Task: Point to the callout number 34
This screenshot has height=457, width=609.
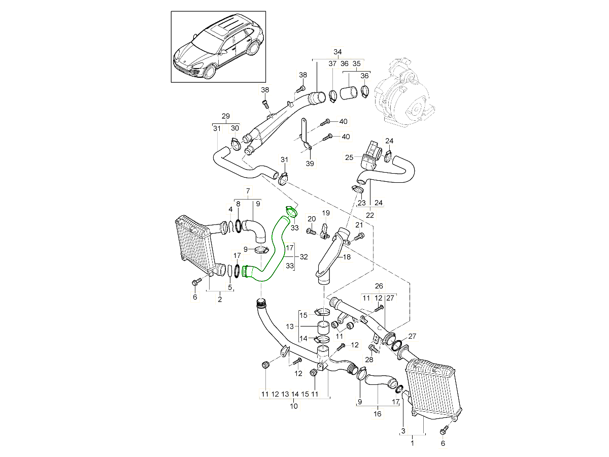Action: click(x=337, y=52)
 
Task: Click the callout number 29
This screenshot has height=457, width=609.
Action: click(x=226, y=116)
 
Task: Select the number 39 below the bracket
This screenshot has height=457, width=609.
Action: click(x=310, y=164)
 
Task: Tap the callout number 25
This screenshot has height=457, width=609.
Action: click(x=349, y=158)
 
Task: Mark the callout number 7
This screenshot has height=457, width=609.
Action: click(x=248, y=191)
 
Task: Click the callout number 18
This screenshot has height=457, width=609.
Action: click(x=347, y=257)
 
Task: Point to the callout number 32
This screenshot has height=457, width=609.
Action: click(x=304, y=257)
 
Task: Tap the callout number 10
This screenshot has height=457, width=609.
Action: click(x=294, y=406)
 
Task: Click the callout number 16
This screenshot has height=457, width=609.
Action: click(x=378, y=414)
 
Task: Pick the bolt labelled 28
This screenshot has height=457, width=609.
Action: click(x=374, y=348)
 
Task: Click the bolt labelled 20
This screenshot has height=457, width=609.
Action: click(x=309, y=231)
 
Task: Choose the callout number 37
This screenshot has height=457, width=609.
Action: click(x=332, y=64)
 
